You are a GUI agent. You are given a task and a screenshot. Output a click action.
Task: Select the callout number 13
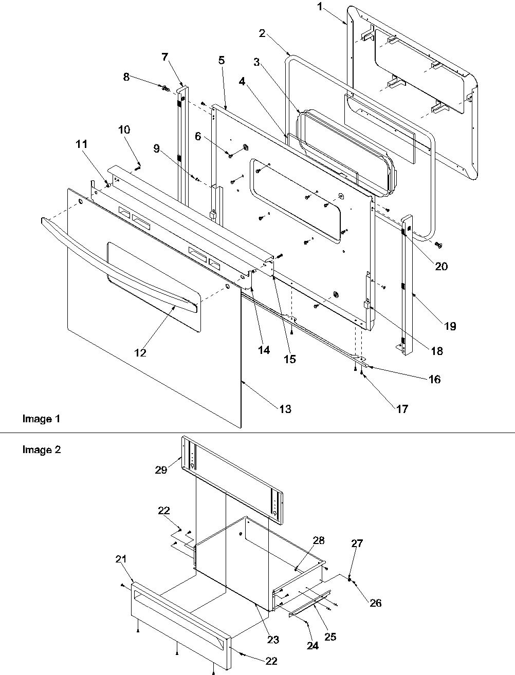[285, 409]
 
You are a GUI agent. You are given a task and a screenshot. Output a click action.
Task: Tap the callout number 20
[441, 266]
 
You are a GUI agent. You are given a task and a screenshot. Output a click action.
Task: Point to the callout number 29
[161, 470]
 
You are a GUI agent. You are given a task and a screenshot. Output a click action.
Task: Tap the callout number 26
[375, 603]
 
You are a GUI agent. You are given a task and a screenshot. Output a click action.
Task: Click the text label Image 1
[41, 419]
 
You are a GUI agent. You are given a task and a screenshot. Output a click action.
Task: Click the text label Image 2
[41, 449]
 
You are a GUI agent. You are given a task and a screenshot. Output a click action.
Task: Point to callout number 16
[434, 380]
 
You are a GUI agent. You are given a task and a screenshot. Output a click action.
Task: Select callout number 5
[221, 60]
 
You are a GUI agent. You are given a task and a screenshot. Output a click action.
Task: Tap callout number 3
[255, 63]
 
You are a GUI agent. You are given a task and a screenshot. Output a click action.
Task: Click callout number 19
[450, 326]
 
